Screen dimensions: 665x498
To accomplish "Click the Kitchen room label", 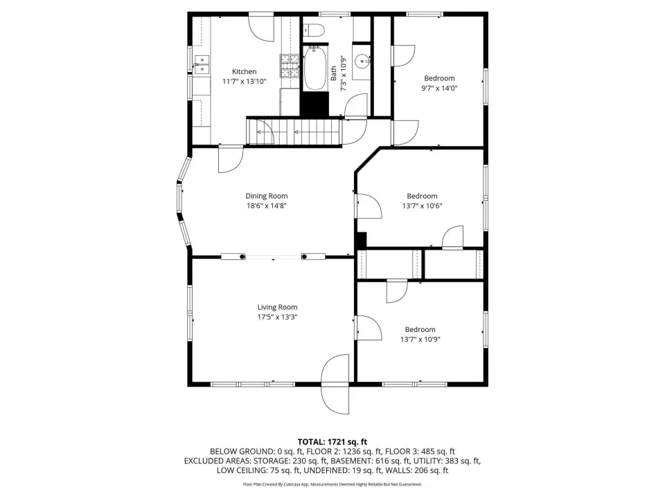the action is pyautogui.click(x=244, y=71).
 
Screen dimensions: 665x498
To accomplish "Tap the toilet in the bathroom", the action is pyautogui.click(x=313, y=30).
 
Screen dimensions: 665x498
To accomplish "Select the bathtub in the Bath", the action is pyautogui.click(x=314, y=68).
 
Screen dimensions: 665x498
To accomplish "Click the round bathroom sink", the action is pyautogui.click(x=362, y=62).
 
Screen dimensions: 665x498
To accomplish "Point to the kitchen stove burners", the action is pyautogui.click(x=290, y=66).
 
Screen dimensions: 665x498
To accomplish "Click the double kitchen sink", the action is pyautogui.click(x=202, y=65).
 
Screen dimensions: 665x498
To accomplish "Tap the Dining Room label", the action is pyautogui.click(x=266, y=196).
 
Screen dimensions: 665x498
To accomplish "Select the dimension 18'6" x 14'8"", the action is pyautogui.click(x=267, y=206).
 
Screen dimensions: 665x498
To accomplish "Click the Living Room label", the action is pyautogui.click(x=277, y=307).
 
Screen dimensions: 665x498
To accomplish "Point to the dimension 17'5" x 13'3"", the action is pyautogui.click(x=277, y=317).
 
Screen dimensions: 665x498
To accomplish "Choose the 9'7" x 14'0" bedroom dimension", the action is pyautogui.click(x=439, y=88).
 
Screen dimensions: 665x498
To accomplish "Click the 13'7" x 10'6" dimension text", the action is pyautogui.click(x=422, y=206).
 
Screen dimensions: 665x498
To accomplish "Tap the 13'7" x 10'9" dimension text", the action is pyautogui.click(x=420, y=339).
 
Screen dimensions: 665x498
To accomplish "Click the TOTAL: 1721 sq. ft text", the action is pyautogui.click(x=332, y=442).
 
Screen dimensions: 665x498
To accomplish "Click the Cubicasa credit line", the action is pyautogui.click(x=332, y=484).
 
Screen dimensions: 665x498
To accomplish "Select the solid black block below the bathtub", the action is pyautogui.click(x=314, y=104).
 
